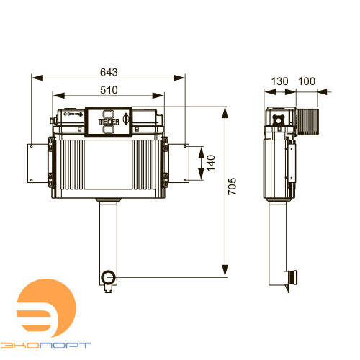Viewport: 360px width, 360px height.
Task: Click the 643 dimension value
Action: click(109, 72)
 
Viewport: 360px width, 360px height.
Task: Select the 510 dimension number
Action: click(109, 90)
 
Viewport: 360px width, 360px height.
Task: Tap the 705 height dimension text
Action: click(232, 186)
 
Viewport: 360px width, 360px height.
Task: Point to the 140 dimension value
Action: click(211, 163)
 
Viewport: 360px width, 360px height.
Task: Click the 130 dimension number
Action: click(279, 81)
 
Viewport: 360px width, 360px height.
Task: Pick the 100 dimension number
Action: click(307, 81)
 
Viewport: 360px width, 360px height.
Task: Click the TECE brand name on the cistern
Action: click(109, 122)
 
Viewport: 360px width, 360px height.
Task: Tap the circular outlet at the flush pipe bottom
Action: click(109, 276)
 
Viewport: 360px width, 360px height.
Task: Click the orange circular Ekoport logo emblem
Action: click(46, 308)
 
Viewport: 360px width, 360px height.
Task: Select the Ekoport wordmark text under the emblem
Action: click(45, 346)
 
